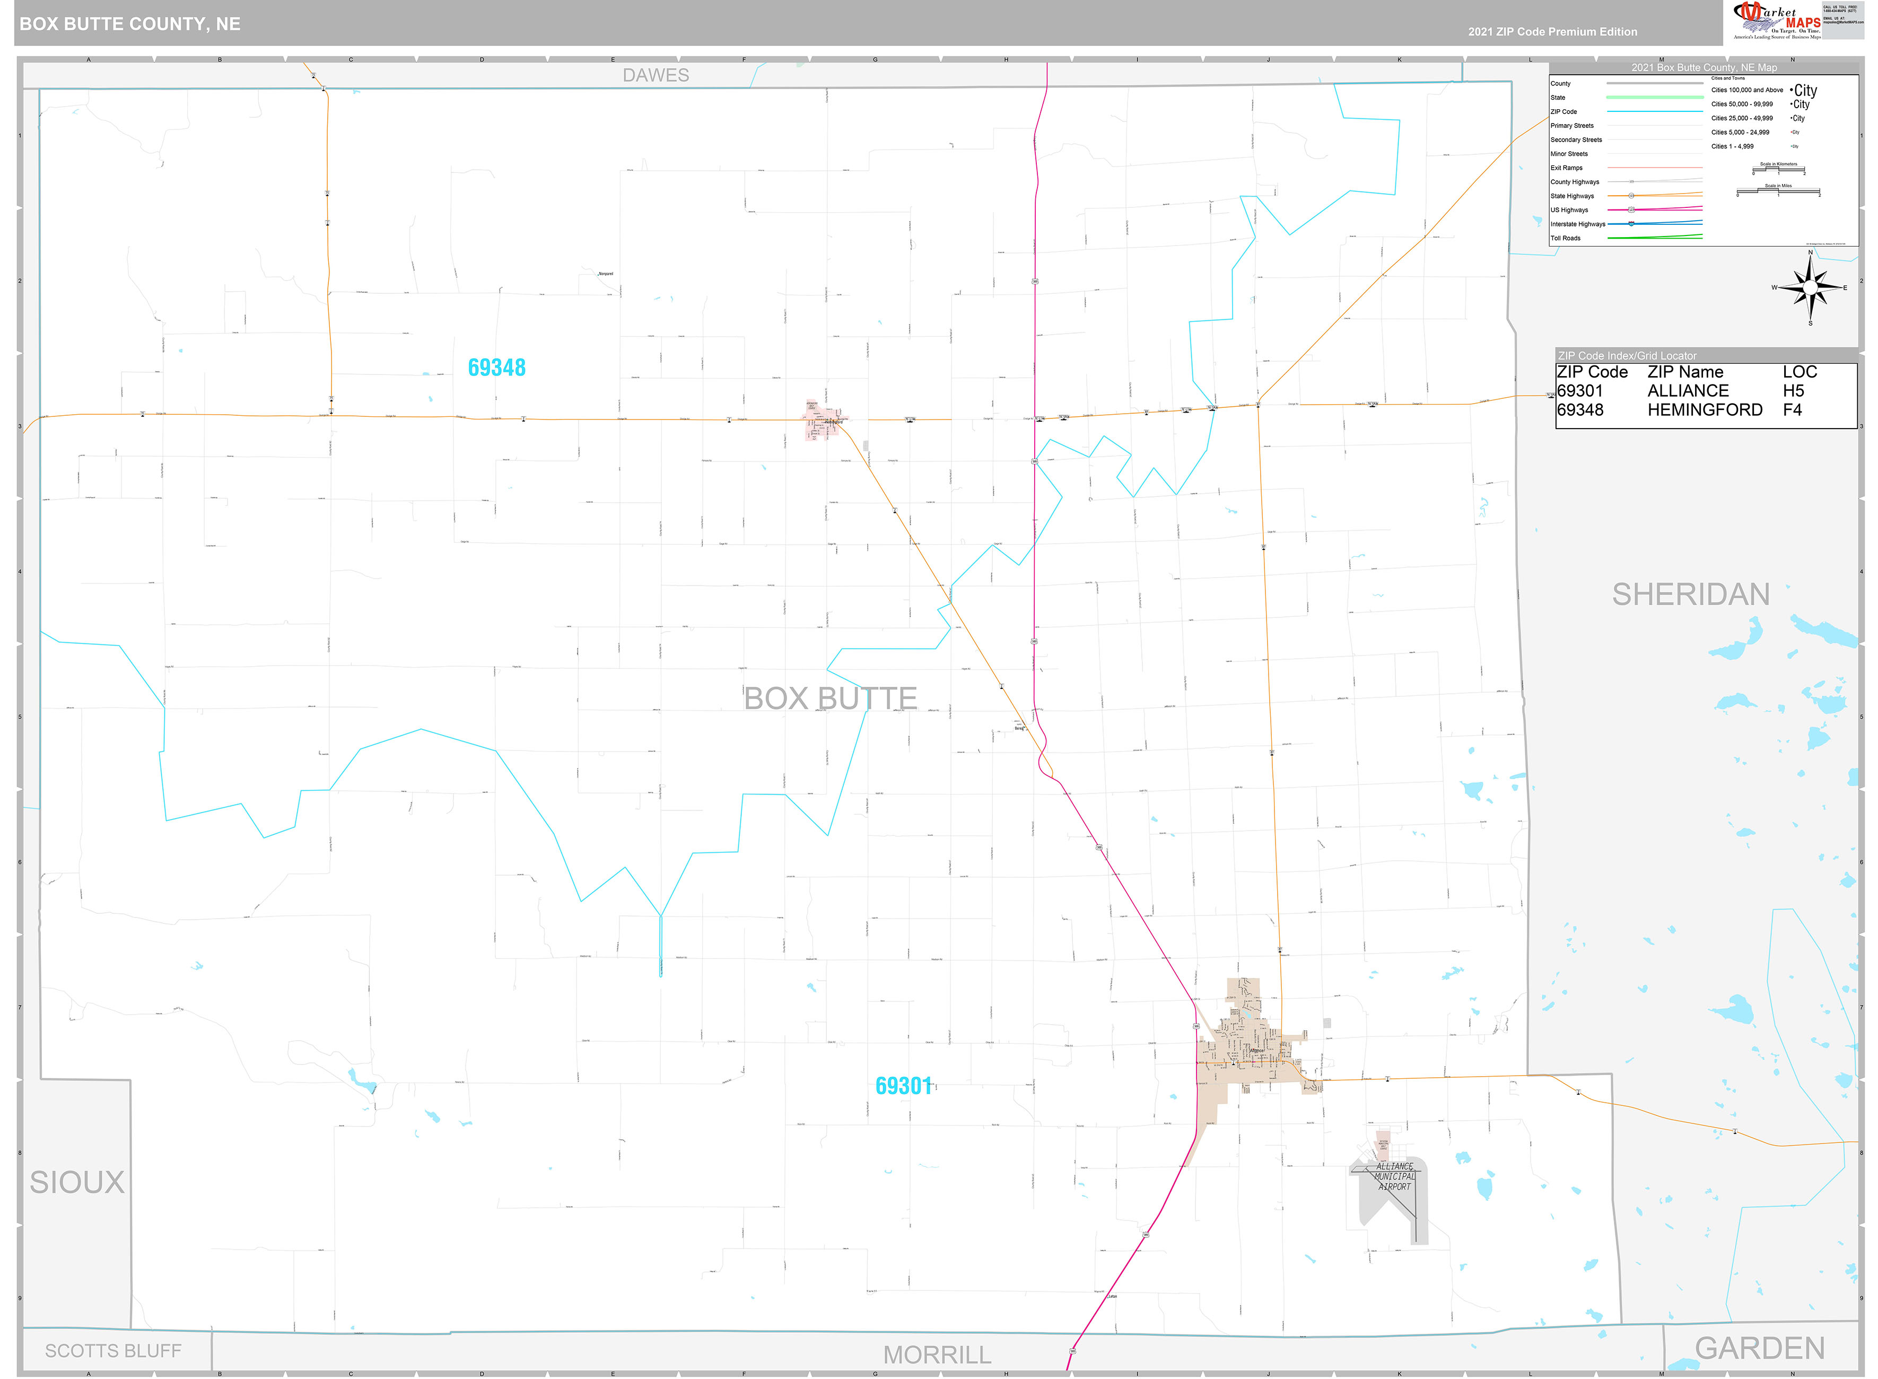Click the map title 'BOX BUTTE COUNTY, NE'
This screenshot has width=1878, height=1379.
pos(130,24)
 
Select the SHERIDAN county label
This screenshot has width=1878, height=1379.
pos(1690,595)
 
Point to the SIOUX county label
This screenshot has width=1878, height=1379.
pos(77,1182)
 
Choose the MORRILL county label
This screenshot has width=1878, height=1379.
pos(937,1355)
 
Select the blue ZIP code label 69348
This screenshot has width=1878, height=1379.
pos(496,367)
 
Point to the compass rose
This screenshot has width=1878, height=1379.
pos(1810,288)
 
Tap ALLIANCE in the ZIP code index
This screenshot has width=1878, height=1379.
pos(1688,391)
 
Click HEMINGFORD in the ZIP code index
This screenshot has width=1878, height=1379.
pos(1705,410)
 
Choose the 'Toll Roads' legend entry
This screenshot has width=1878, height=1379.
pos(1565,238)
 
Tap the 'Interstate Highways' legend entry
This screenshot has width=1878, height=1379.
pos(1577,224)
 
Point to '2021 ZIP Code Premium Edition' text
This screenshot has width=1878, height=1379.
pos(1552,32)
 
